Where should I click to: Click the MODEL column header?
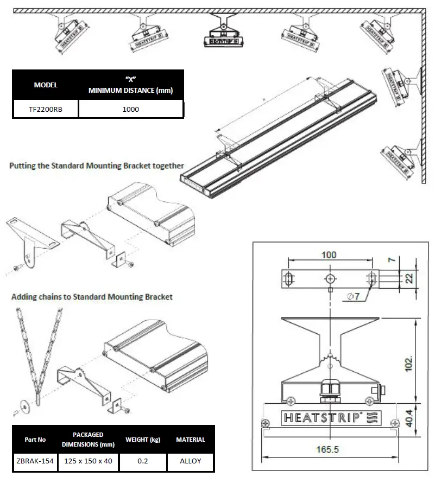point(46,85)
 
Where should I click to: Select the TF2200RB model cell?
point(46,109)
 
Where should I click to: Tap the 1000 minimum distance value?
point(130,109)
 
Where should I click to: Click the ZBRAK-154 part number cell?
point(35,461)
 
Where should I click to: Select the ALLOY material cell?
point(190,461)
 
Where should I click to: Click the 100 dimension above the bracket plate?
point(329,255)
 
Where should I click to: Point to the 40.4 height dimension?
point(409,417)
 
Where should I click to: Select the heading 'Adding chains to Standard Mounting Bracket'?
point(92,297)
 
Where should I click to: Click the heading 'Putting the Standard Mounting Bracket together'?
point(97,166)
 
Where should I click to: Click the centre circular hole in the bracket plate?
point(330,278)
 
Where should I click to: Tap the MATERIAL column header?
point(190,439)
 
